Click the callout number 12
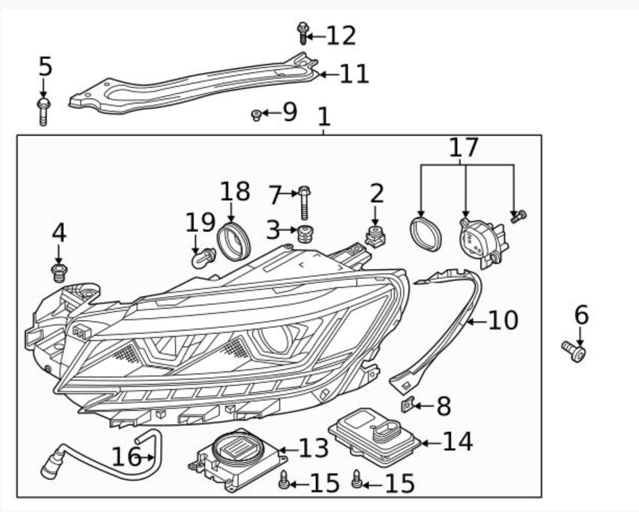(x=342, y=35)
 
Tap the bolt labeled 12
(x=302, y=33)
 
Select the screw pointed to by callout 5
(x=43, y=111)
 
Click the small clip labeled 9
(x=256, y=115)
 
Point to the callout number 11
(x=354, y=74)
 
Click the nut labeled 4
(x=60, y=272)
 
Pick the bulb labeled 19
(x=204, y=258)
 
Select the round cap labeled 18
(x=233, y=241)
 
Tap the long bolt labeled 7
(x=304, y=203)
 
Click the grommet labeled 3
(x=305, y=233)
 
